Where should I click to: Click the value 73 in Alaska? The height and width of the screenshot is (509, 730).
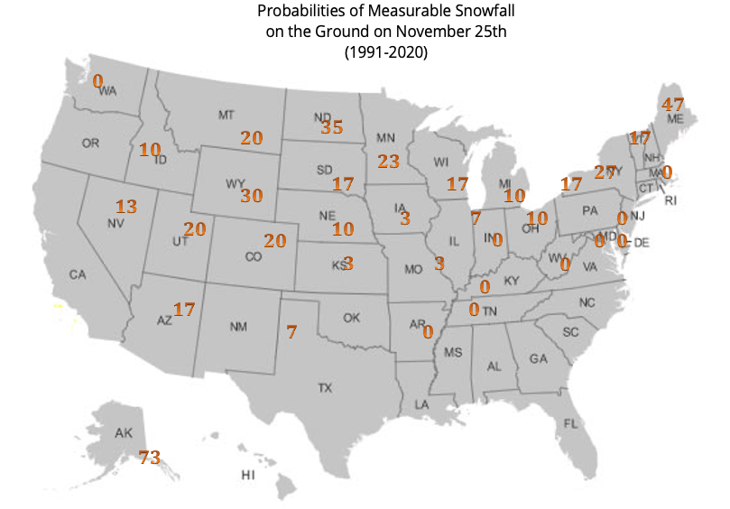point(150,458)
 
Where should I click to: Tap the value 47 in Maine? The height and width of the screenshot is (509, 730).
point(673,104)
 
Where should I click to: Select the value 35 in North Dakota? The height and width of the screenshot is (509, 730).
point(332,127)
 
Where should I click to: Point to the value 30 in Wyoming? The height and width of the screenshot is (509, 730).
point(252,196)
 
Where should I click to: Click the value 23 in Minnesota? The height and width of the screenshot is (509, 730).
point(388,162)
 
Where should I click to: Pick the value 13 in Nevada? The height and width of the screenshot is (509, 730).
point(126,207)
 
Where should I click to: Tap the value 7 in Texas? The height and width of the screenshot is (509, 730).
point(291,331)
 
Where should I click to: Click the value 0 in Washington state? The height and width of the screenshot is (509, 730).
point(98,81)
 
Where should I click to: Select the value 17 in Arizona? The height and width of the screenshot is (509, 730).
point(184,310)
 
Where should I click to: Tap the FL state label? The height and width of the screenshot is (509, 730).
point(570,423)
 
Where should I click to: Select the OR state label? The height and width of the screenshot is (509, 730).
point(90,143)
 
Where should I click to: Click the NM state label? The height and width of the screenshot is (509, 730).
point(238,327)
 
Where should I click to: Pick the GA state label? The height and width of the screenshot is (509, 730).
point(538,358)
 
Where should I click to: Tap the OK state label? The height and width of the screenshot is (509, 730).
point(351,318)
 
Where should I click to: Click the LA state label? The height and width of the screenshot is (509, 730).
point(421,405)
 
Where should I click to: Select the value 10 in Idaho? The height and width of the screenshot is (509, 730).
point(149,150)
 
